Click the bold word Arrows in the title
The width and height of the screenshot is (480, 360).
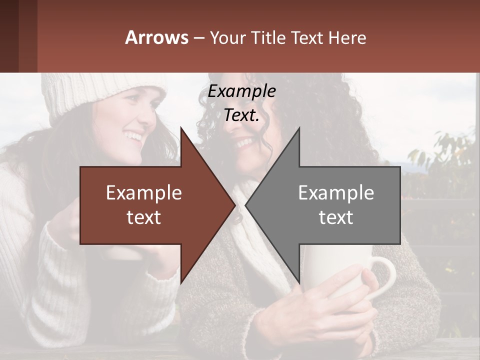tap(156, 37)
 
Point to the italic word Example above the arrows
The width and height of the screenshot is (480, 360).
tap(241, 91)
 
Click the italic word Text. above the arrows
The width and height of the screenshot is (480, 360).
tap(241, 115)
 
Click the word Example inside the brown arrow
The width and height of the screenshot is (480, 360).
tap(144, 193)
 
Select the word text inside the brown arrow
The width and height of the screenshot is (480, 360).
tap(144, 217)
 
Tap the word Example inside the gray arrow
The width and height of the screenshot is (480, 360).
tap(336, 193)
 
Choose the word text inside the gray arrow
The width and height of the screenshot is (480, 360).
tap(336, 217)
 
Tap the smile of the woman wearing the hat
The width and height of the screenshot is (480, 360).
tap(134, 135)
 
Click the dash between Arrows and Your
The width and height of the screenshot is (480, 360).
tap(198, 38)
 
